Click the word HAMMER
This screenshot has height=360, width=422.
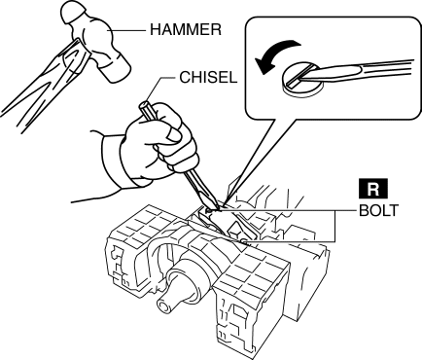point(186,30)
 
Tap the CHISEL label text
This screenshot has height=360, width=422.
point(208,78)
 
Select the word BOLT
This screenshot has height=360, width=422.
point(378,211)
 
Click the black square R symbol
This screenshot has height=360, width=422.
point(372,188)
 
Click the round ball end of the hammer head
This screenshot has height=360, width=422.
point(72,14)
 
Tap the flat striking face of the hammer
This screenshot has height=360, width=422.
point(118,70)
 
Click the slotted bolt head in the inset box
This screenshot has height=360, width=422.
point(302,80)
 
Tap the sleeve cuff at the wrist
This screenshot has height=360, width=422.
point(114,162)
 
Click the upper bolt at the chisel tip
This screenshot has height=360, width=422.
point(209,211)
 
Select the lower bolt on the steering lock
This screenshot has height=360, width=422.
point(244,241)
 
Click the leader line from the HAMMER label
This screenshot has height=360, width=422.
point(127,30)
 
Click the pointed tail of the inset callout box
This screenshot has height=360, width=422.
point(227,201)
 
